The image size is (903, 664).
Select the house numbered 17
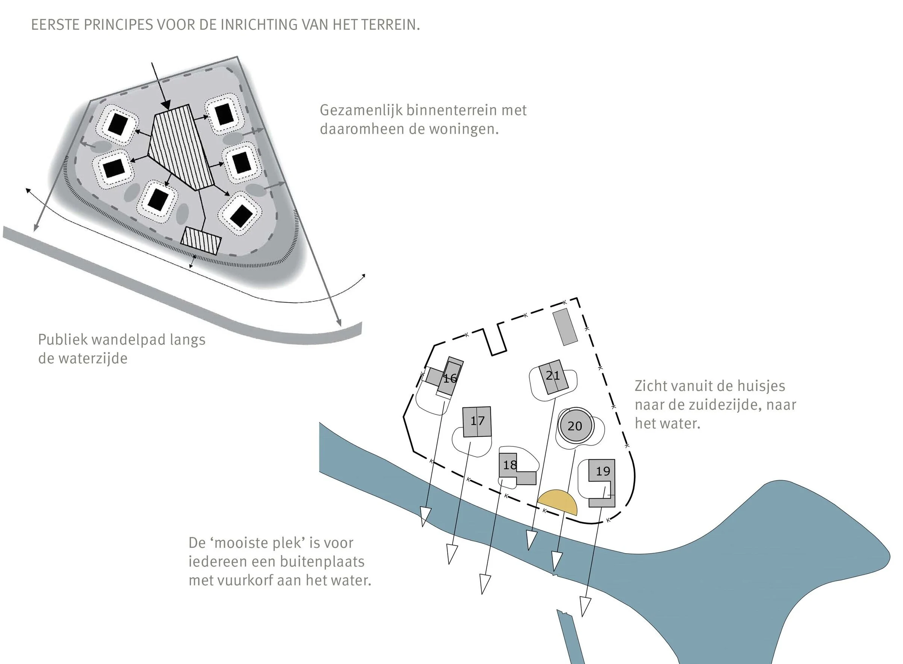click(x=477, y=421)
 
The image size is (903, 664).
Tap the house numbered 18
click(x=510, y=465)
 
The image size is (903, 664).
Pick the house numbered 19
click(x=602, y=471)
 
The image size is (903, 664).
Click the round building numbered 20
click(x=575, y=426)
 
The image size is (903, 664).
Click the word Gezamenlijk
click(x=361, y=110)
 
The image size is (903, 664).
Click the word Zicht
click(x=649, y=386)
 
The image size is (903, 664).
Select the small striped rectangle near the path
click(x=201, y=241)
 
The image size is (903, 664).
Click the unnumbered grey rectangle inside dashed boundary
click(x=565, y=327)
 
